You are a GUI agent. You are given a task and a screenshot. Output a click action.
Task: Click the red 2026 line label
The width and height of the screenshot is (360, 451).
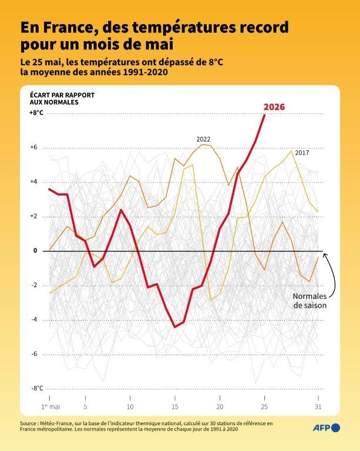(274, 107)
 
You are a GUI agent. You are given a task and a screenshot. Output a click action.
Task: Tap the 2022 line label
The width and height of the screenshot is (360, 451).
(203, 139)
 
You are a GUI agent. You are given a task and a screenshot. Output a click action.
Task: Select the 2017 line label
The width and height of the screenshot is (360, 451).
(302, 153)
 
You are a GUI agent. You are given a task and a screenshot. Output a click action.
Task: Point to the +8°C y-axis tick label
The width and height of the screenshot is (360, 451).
(36, 113)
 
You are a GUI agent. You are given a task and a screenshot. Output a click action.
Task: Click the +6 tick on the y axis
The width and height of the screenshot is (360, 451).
(33, 147)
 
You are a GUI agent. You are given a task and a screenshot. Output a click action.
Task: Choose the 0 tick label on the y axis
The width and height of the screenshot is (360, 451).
(35, 251)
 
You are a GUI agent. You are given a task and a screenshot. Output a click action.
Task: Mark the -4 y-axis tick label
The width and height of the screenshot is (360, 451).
(34, 319)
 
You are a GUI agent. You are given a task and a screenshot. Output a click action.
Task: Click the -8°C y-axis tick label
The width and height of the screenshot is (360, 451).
(37, 388)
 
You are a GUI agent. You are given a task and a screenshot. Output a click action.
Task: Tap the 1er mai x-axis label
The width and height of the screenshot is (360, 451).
(51, 407)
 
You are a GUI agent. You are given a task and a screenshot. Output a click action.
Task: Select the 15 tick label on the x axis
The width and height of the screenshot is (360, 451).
(175, 407)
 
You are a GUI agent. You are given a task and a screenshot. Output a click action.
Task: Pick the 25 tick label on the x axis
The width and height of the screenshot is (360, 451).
(264, 407)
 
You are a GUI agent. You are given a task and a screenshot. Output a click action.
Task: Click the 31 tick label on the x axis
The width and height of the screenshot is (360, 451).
(318, 407)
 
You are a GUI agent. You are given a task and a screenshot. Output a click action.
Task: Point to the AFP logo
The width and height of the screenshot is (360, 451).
(327, 428)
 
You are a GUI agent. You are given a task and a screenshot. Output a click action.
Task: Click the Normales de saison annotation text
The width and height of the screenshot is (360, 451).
(309, 301)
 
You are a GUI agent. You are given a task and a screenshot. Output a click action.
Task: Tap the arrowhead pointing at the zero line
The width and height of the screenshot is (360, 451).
(325, 255)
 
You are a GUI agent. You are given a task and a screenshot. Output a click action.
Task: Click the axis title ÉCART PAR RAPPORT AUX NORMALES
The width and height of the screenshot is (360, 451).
(62, 99)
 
